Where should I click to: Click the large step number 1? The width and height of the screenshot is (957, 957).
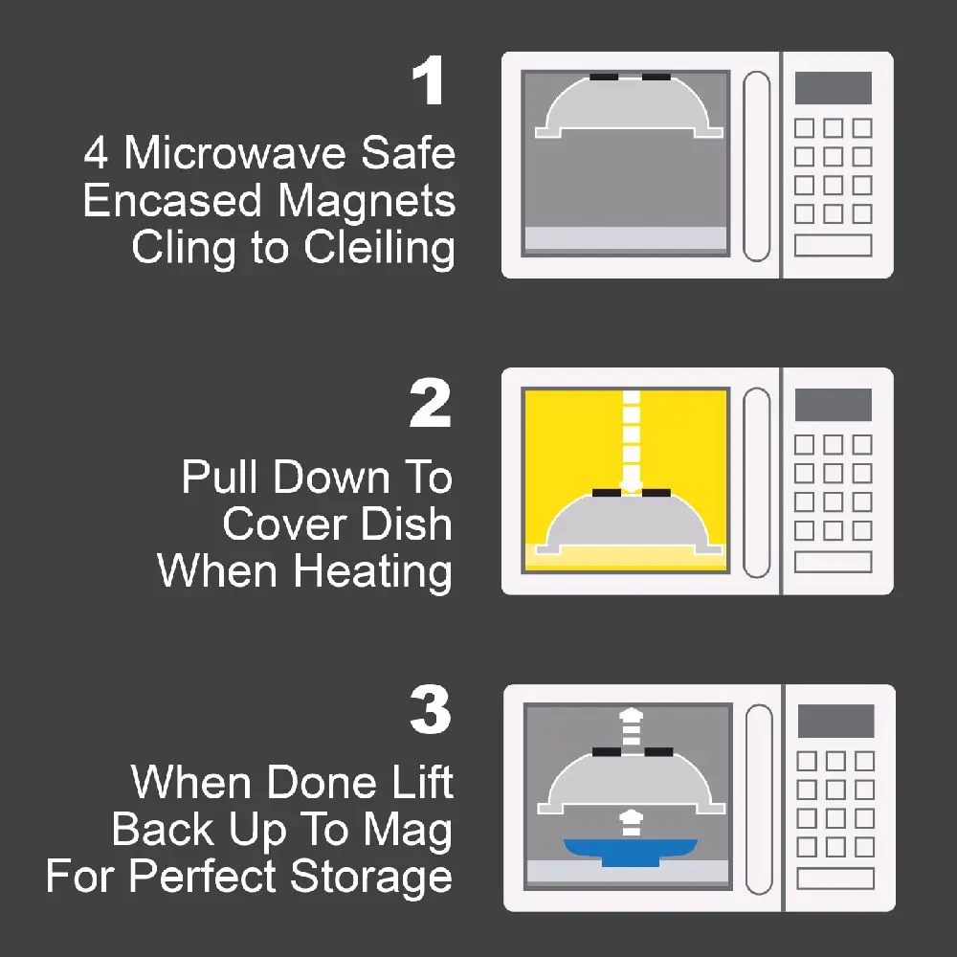point(428,80)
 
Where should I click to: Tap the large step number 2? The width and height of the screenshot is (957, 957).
point(431,403)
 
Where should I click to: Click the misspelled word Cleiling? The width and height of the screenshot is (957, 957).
point(379,249)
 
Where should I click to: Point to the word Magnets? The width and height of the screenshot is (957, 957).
point(367,202)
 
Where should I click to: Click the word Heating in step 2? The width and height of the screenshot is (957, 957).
point(373,572)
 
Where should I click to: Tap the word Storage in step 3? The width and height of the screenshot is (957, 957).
point(371,878)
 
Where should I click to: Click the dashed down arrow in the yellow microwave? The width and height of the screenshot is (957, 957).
point(631,440)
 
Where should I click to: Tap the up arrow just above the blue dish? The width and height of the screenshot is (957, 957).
point(631,823)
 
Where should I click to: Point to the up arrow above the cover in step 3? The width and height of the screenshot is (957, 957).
point(631,727)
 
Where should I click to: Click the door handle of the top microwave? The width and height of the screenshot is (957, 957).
point(757,166)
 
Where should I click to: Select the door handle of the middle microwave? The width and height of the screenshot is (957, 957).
point(757,482)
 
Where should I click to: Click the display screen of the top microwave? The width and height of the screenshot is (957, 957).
point(834,88)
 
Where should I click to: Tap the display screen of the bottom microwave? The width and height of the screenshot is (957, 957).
point(835,721)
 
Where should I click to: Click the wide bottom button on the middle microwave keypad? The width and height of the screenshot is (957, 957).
point(834,562)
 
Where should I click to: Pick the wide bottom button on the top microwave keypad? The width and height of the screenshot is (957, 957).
point(834,245)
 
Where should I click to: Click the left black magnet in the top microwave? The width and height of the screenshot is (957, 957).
point(604,78)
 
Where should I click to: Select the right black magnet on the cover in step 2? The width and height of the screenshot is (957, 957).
point(657,493)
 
